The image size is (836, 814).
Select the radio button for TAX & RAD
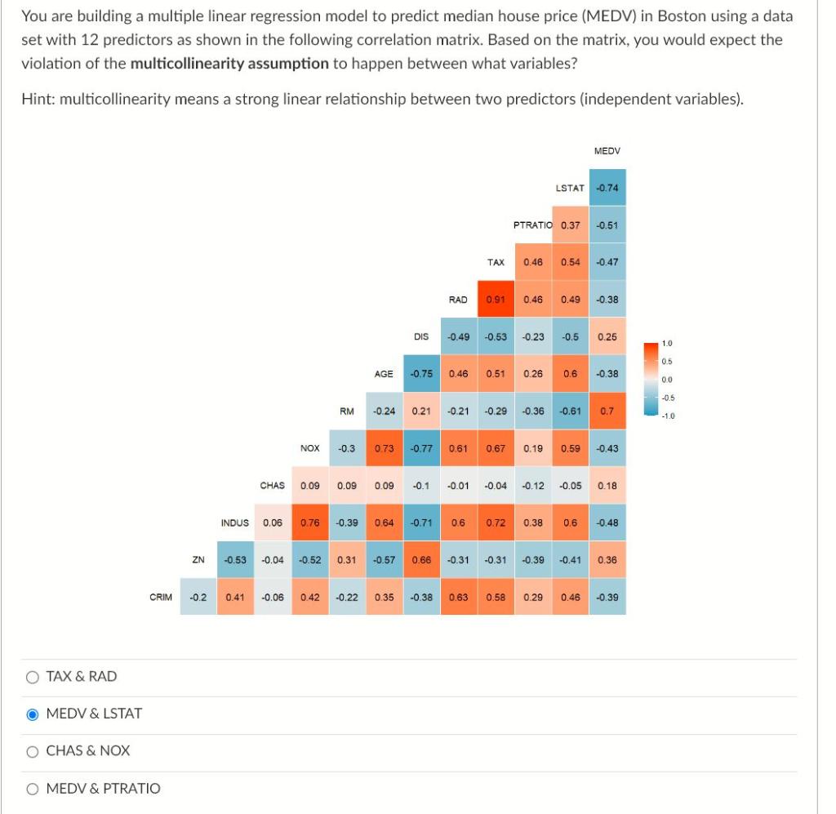point(33,676)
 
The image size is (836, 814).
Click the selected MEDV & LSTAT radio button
point(33,714)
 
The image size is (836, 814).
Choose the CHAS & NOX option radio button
point(33,751)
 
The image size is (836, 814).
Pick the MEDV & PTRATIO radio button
point(33,789)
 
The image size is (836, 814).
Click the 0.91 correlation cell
point(495,300)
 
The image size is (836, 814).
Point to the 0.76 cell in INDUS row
point(309,523)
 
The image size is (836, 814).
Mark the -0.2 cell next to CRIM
point(198,597)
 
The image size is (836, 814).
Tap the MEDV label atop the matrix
point(607,151)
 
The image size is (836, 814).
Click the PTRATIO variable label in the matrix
point(532,225)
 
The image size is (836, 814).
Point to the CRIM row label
point(161,597)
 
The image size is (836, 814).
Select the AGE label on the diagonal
point(384,374)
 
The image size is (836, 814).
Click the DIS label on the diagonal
point(421,336)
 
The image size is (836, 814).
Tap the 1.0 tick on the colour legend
point(667,344)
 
